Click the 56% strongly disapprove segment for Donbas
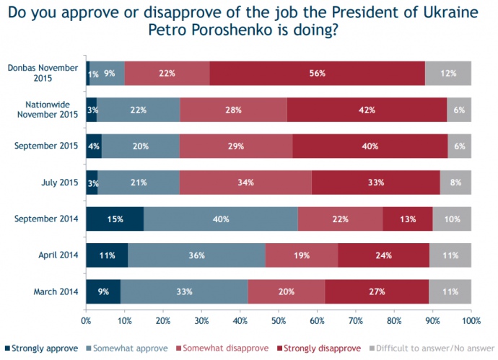click(318, 73)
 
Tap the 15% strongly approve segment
click(115, 219)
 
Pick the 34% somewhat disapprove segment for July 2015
click(245, 183)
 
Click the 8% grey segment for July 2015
click(455, 183)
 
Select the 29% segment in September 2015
click(236, 146)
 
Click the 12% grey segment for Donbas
click(447, 73)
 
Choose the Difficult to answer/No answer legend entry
click(432, 348)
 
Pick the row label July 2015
click(58, 183)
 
